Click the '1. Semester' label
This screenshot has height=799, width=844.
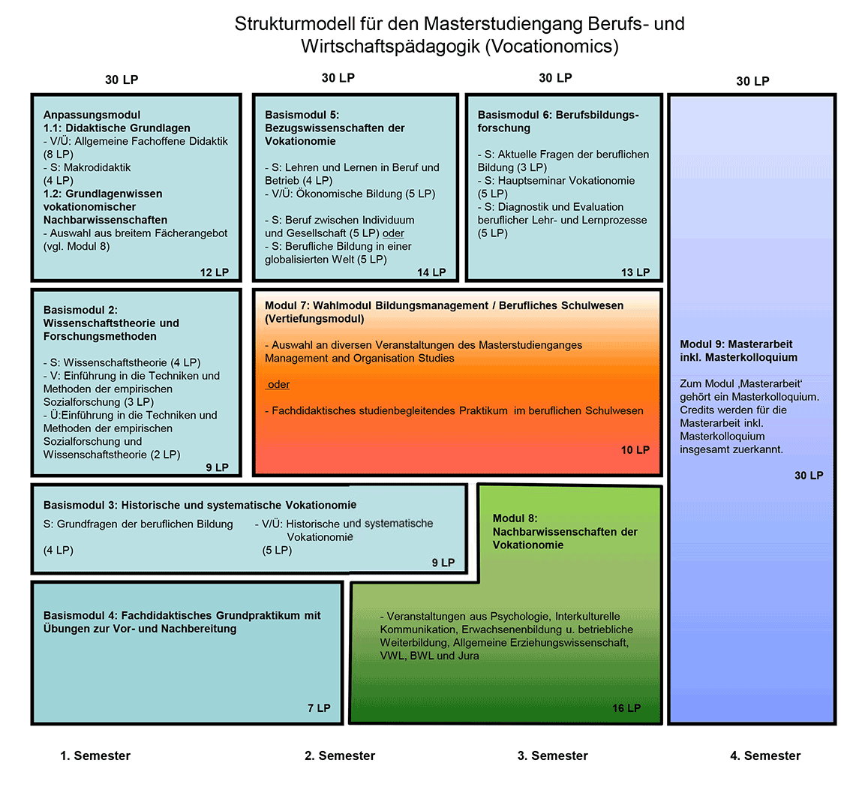[x=95, y=755]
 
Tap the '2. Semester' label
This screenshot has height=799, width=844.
[x=340, y=755]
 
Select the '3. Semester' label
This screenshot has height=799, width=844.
[x=553, y=755]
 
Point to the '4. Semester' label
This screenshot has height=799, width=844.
[x=765, y=755]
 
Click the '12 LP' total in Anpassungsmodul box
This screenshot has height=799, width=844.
[x=215, y=272]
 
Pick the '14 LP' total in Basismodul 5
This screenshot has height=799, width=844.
[x=431, y=272]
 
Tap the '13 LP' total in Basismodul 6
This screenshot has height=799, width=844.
[x=635, y=272]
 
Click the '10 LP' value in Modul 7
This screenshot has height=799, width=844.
[x=635, y=450]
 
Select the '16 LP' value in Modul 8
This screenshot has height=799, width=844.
[x=626, y=708]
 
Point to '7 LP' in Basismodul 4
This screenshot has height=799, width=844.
[x=319, y=708]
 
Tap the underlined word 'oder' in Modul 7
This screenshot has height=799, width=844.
[x=278, y=385]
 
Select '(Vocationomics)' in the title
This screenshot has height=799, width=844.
[x=551, y=47]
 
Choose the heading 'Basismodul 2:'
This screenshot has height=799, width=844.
[x=80, y=310]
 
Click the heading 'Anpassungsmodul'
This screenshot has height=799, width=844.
[x=92, y=115]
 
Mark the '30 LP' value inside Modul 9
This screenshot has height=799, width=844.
[x=809, y=476]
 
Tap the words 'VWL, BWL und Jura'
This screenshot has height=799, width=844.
[x=429, y=656]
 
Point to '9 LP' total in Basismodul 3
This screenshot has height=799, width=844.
[x=443, y=563]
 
